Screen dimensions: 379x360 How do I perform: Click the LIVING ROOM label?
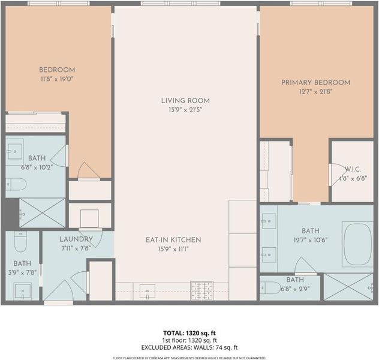(x=185, y=101)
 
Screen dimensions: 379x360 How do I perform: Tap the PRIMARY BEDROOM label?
(x=315, y=82)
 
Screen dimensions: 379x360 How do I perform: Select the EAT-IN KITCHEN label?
(x=173, y=240)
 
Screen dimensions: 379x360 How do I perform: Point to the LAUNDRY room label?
(x=76, y=239)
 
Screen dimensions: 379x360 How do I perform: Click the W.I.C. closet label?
(x=353, y=169)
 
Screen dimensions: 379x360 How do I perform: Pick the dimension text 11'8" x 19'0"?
(x=57, y=79)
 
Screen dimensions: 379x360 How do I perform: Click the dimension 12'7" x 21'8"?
(x=315, y=91)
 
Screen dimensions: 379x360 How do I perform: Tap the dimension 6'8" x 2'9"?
(x=295, y=289)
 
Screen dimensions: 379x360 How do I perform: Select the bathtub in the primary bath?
(x=358, y=244)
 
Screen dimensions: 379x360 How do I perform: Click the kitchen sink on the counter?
(x=148, y=292)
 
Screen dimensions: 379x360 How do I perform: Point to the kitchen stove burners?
(x=202, y=290)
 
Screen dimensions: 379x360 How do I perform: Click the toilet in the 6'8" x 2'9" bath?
(x=270, y=287)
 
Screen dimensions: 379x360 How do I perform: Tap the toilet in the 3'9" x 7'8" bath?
(x=20, y=242)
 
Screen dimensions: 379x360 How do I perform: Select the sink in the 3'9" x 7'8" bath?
(x=22, y=291)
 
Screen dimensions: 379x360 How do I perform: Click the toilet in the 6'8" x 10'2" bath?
(x=16, y=184)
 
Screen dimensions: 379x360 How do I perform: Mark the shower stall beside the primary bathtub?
(x=348, y=287)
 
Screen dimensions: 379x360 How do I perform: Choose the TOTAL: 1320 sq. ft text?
(x=189, y=333)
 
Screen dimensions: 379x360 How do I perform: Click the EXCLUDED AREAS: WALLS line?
(x=189, y=347)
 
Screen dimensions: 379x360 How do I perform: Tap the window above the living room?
(x=181, y=4)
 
